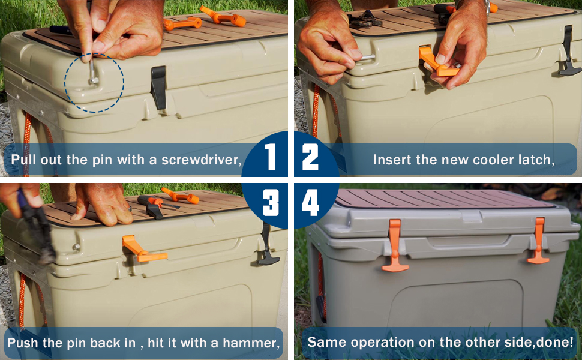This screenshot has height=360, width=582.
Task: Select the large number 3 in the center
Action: tap(271, 203)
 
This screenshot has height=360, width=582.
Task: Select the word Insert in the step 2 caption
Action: tap(391, 160)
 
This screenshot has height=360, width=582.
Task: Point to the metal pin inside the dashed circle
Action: tap(94, 73)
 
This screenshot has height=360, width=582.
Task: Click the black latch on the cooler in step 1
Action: tap(158, 86)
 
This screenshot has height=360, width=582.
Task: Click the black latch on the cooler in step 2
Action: tap(569, 53)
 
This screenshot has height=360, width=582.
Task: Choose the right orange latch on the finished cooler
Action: tap(538, 242)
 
